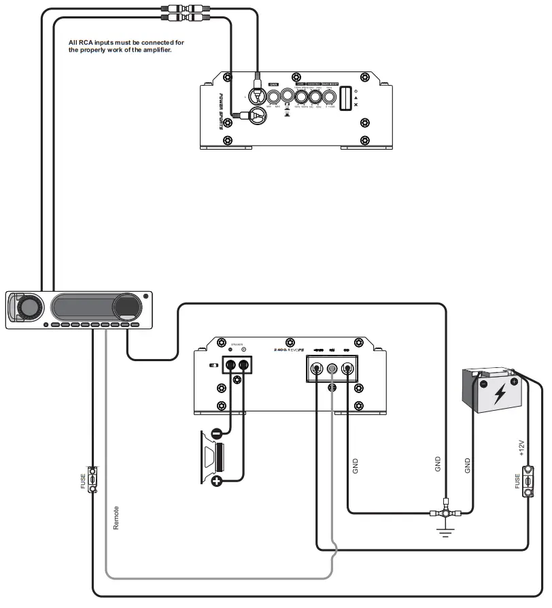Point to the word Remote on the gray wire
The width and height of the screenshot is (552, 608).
pyautogui.click(x=116, y=518)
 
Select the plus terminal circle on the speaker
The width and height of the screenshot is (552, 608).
pyautogui.click(x=217, y=482)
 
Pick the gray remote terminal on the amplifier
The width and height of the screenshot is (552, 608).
pyautogui.click(x=332, y=370)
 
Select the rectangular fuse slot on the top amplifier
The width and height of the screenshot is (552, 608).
pyautogui.click(x=345, y=99)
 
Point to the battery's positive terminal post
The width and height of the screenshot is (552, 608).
pyautogui.click(x=514, y=382)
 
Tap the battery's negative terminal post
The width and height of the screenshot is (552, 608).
pyautogui.click(x=483, y=383)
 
